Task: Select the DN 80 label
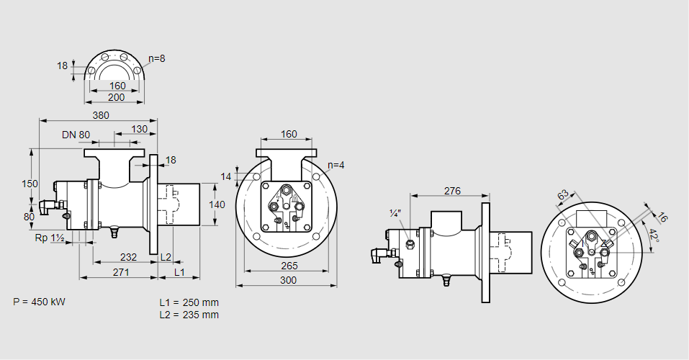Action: (x=76, y=135)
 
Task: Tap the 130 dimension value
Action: (x=140, y=130)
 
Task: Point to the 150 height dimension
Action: (x=30, y=184)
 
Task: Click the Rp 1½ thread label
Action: (x=50, y=238)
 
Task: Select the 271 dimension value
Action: (x=120, y=272)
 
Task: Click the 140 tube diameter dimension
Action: (x=216, y=204)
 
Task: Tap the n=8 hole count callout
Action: (x=156, y=58)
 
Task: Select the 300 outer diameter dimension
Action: (x=287, y=280)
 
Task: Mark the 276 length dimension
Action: (x=451, y=191)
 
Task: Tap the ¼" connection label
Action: (x=394, y=213)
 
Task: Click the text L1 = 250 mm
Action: (x=189, y=302)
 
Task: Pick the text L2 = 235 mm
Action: (x=189, y=315)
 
